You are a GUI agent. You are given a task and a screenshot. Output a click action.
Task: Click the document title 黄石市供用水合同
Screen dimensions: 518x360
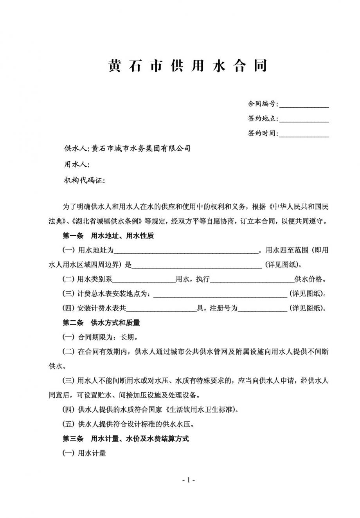(187, 66)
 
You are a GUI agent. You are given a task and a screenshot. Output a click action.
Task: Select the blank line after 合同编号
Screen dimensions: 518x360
(304, 105)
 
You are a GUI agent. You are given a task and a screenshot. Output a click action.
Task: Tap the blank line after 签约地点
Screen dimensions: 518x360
(304, 119)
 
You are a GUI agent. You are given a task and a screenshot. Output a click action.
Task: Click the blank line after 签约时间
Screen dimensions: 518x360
(304, 134)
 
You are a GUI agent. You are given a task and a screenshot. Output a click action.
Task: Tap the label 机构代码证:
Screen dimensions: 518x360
(84, 180)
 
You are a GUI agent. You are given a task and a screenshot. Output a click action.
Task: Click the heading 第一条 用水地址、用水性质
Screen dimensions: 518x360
(108, 236)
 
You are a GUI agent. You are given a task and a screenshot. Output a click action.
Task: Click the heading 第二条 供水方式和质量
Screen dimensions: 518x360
(101, 323)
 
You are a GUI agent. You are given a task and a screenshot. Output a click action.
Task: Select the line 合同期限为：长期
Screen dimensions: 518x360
(100, 337)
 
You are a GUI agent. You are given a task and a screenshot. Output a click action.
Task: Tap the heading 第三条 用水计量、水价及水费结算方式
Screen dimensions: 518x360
(126, 439)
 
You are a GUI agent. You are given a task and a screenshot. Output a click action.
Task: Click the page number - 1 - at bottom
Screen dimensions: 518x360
(188, 480)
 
